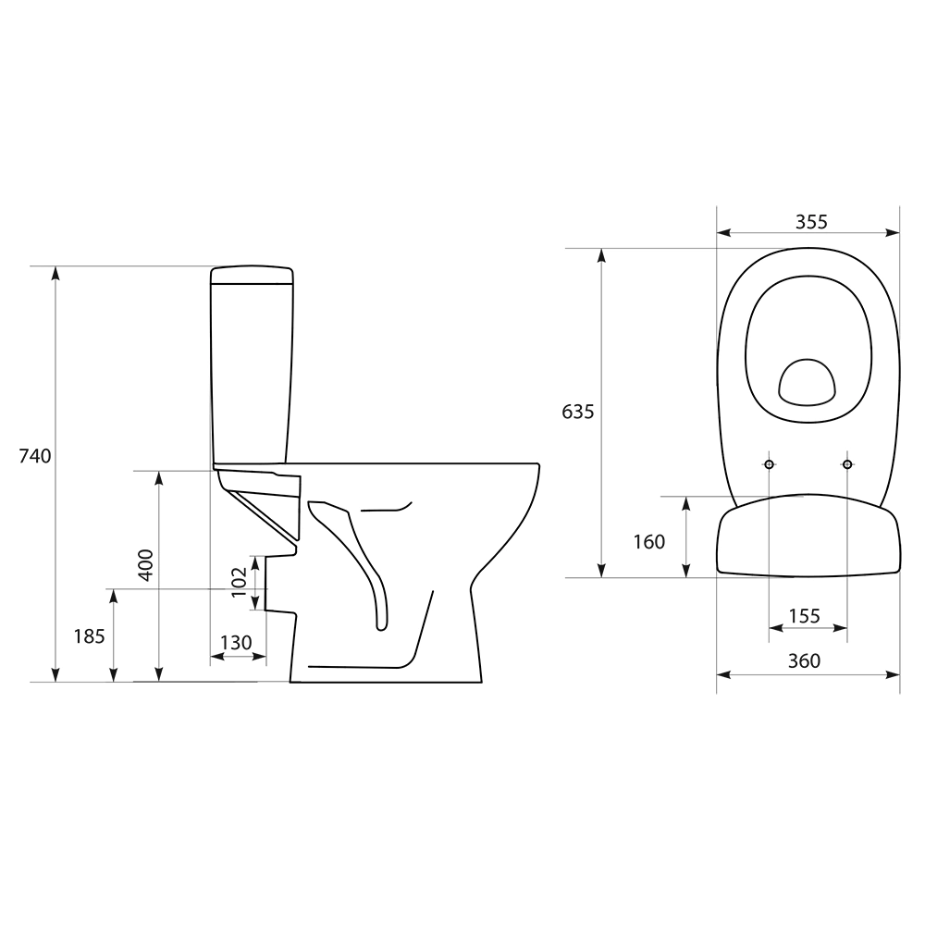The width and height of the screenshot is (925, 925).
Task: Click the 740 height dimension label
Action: (x=35, y=456)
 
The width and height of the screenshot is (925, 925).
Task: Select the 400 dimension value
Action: (x=145, y=564)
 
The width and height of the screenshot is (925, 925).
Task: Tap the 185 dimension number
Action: (x=89, y=636)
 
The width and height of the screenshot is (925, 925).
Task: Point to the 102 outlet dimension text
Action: (x=239, y=582)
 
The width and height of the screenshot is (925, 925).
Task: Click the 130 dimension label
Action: (x=236, y=643)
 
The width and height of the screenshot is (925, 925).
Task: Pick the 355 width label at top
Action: (x=812, y=222)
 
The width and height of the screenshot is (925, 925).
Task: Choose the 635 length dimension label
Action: (x=577, y=412)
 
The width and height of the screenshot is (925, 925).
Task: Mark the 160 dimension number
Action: (x=649, y=541)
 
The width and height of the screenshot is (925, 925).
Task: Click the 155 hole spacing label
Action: (x=804, y=616)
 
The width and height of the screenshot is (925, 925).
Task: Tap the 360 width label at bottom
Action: (x=804, y=660)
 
